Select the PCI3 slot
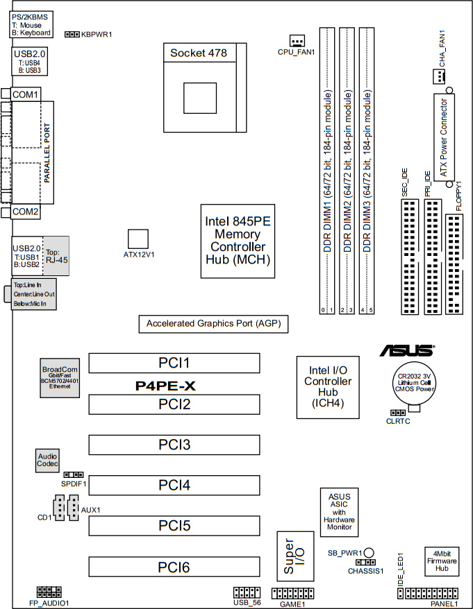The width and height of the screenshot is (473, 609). tap(174, 444)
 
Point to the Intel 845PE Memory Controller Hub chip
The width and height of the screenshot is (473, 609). tap(235, 241)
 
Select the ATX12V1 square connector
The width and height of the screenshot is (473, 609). tap(139, 237)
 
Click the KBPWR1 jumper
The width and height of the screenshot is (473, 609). tap(72, 33)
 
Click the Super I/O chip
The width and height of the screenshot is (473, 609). tap(290, 558)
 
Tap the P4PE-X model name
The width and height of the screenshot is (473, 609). tap(165, 386)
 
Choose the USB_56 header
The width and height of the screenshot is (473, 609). tap(245, 594)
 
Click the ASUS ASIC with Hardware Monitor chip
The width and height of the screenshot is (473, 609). tap(338, 512)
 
